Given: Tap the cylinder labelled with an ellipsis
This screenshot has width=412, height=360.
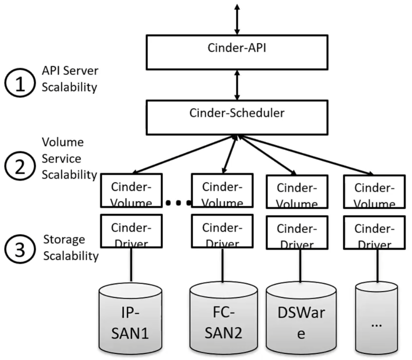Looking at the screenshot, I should [376, 319].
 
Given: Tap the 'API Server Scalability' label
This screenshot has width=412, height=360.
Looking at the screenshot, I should [70, 79].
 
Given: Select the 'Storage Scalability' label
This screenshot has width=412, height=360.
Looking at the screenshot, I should [71, 248].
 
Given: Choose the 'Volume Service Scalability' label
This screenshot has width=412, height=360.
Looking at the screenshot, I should [69, 158].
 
